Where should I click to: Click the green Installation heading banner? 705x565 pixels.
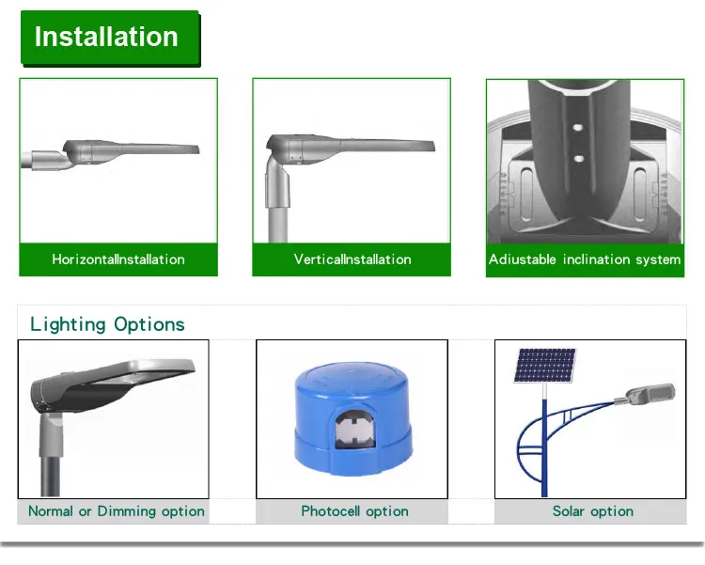(x=110, y=39)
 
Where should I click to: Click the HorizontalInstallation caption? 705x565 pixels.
(x=118, y=259)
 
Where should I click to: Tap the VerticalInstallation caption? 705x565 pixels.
(x=352, y=259)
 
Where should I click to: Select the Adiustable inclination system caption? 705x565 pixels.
(x=585, y=259)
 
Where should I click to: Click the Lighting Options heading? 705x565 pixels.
(x=107, y=324)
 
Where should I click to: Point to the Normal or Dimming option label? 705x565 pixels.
(x=116, y=511)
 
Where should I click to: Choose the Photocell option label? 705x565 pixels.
(x=354, y=511)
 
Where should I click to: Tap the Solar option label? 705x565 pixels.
(x=593, y=511)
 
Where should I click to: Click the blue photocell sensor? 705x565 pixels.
(x=352, y=418)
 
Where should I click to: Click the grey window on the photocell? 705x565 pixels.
(x=354, y=430)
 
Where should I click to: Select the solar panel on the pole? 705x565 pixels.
(x=544, y=366)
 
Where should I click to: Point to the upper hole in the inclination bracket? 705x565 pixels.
(x=578, y=128)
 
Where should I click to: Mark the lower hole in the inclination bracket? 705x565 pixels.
(x=579, y=158)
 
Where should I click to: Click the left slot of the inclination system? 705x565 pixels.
(x=526, y=195)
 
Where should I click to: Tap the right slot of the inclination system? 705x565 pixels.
(x=640, y=195)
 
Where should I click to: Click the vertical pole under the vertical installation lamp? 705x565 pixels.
(x=278, y=224)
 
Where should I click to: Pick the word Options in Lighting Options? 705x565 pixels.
(x=149, y=324)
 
